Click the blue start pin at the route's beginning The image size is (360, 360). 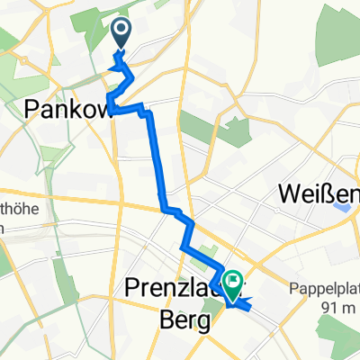121,35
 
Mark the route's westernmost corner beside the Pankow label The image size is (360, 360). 110,96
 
